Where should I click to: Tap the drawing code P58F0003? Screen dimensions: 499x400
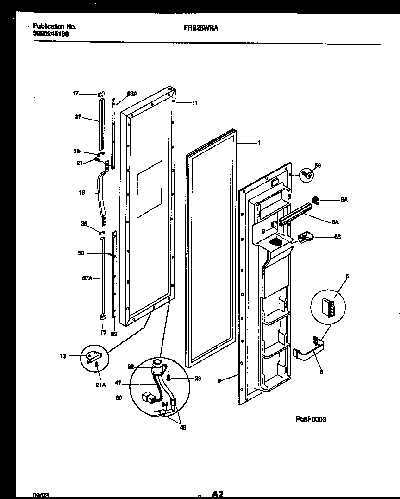coord(311,419)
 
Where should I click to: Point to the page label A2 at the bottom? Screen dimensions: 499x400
coord(218,494)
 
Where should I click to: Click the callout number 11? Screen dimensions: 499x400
coord(194,103)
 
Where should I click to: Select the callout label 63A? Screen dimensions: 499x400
coord(132,94)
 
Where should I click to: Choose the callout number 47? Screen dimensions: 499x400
coord(118,383)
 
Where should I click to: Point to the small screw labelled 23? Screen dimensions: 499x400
coord(169,378)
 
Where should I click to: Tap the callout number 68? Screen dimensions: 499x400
coord(337,237)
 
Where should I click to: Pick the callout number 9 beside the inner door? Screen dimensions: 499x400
coord(220,380)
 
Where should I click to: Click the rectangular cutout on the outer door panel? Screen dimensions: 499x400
coord(150,189)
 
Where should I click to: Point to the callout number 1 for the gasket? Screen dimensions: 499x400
coord(259,143)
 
